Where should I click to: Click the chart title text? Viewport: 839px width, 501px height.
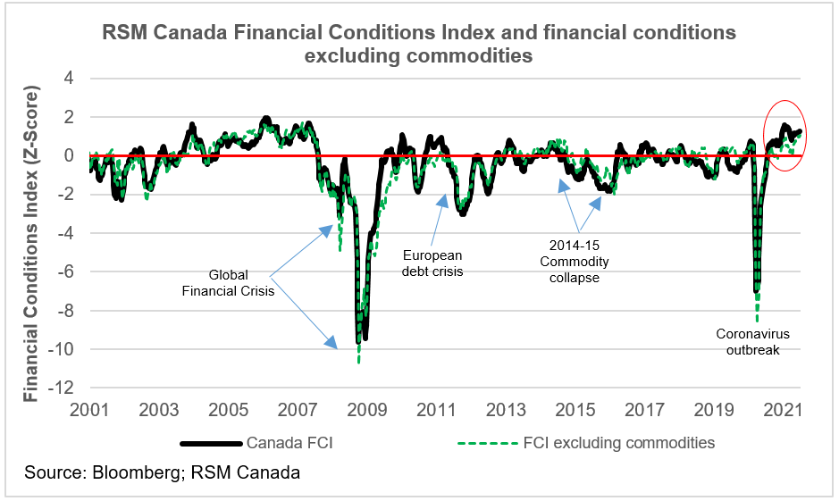tap(419, 44)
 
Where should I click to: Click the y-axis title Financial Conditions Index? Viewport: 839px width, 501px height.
tap(32, 244)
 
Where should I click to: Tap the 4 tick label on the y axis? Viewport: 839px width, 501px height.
tap(69, 79)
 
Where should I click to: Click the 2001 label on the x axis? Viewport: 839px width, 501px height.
tap(89, 410)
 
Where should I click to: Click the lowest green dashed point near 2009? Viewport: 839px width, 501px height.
tap(358, 362)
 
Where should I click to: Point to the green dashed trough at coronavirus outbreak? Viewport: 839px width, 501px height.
tap(757, 319)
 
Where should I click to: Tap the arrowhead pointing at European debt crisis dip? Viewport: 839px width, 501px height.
tap(442, 199)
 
